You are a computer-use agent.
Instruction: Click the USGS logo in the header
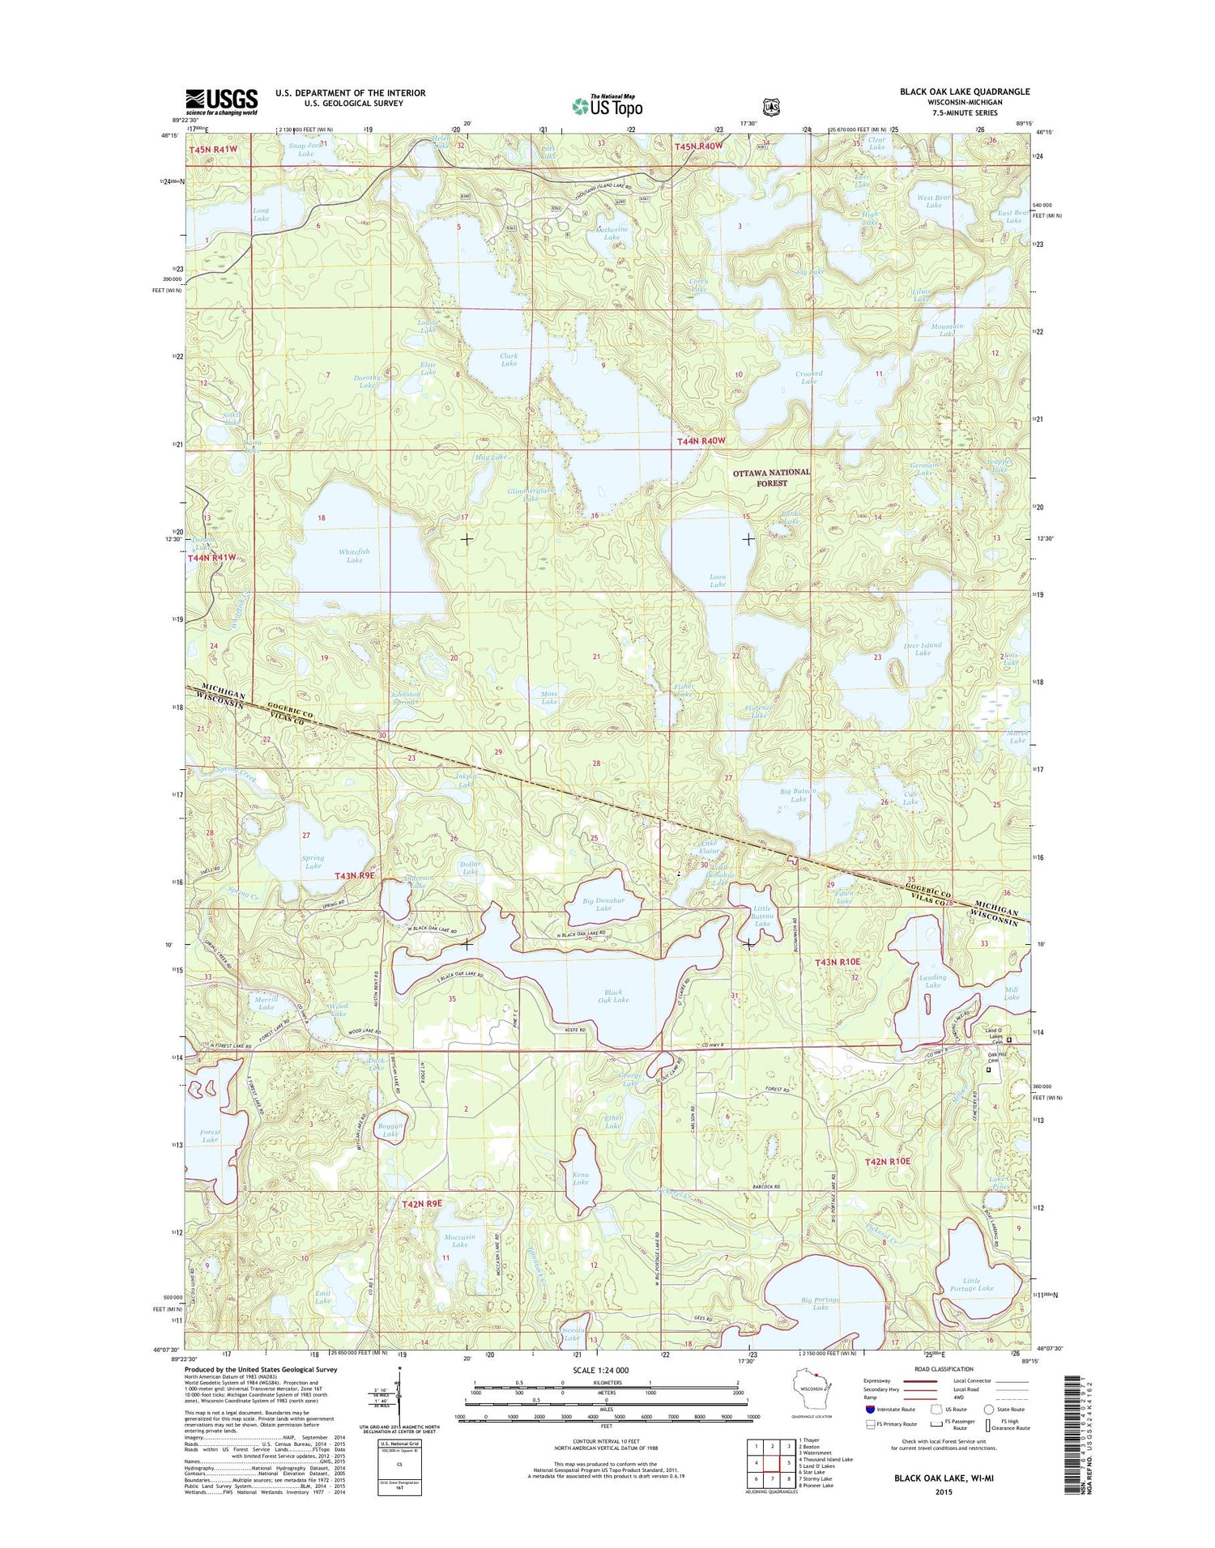tap(222, 101)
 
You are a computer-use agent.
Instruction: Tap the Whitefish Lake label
tap(354, 556)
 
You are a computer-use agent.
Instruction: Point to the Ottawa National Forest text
tap(770, 477)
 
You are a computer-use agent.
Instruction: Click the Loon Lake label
tap(717, 581)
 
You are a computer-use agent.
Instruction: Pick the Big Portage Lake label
tap(820, 1303)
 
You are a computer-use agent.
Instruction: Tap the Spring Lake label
tap(313, 861)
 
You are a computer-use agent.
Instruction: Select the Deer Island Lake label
tap(922, 649)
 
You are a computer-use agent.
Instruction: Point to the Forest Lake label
tap(211, 1135)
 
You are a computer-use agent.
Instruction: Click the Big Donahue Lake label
tap(603, 904)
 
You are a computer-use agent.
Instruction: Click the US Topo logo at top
tap(607, 105)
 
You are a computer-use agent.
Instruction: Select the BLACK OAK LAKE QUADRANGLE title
tap(964, 91)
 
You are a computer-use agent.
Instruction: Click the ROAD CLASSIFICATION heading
tap(944, 1368)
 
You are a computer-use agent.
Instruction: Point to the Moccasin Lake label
tap(459, 1240)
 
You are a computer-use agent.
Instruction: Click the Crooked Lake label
tap(808, 377)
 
